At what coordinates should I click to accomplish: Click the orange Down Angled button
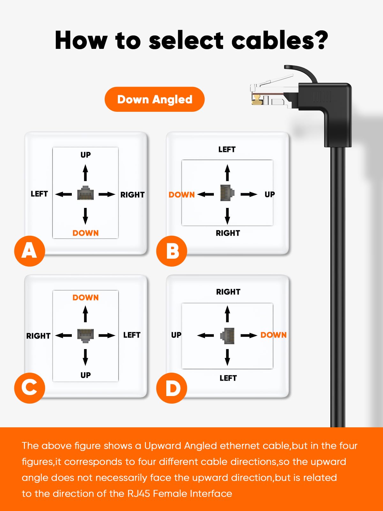pyautogui.click(x=154, y=99)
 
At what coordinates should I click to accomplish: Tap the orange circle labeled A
pyautogui.click(x=29, y=251)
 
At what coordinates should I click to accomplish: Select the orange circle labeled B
pyautogui.click(x=172, y=251)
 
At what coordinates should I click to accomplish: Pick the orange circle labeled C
pyautogui.click(x=29, y=388)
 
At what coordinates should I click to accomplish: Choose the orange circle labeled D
pyautogui.click(x=172, y=388)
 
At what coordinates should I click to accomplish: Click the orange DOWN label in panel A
pyautogui.click(x=86, y=233)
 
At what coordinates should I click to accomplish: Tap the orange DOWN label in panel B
pyautogui.click(x=182, y=194)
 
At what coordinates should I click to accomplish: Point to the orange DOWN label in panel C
pyautogui.click(x=86, y=298)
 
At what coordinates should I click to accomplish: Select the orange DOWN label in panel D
pyautogui.click(x=274, y=335)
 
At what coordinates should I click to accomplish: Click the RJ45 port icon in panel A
pyautogui.click(x=86, y=193)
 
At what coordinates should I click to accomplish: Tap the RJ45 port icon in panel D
pyautogui.click(x=228, y=336)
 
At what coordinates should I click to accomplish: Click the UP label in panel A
pyautogui.click(x=86, y=155)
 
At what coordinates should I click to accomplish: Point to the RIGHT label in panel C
pyautogui.click(x=38, y=336)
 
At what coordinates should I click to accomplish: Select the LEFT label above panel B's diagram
pyautogui.click(x=227, y=149)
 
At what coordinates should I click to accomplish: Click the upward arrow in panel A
pyautogui.click(x=85, y=173)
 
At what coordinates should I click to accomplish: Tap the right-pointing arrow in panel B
pyautogui.click(x=249, y=194)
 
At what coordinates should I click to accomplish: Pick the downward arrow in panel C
pyautogui.click(x=85, y=357)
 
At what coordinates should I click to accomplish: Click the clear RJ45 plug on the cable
pyautogui.click(x=271, y=93)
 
